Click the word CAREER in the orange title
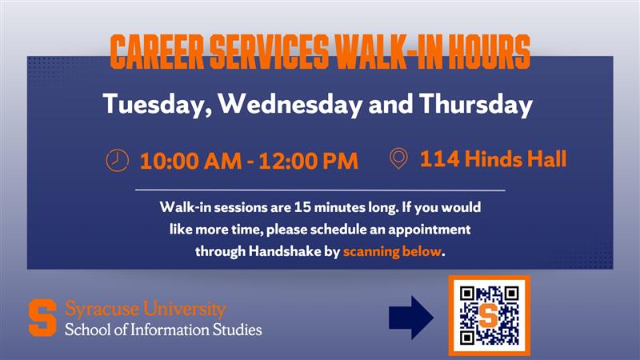click(x=157, y=52)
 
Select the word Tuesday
click(x=158, y=105)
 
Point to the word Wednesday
click(x=290, y=104)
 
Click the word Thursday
click(x=476, y=105)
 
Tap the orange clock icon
click(x=117, y=160)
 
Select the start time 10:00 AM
click(x=190, y=161)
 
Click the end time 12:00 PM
click(x=308, y=161)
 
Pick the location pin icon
click(x=398, y=158)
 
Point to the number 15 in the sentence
click(x=302, y=207)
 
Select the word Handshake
click(x=285, y=251)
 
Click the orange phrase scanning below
click(x=392, y=251)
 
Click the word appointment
click(x=430, y=230)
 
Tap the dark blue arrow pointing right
click(x=411, y=318)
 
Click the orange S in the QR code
click(x=488, y=314)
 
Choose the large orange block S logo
click(x=42, y=318)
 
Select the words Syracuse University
click(x=146, y=309)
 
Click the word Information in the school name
click(x=170, y=330)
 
